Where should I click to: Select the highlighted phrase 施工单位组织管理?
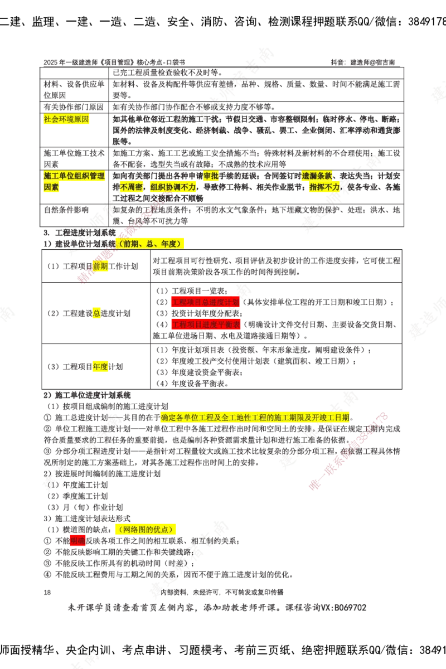coord(75,176)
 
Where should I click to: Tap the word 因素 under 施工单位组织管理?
coord(52,187)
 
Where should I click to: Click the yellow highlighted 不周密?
coord(131,187)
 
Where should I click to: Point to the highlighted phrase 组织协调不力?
coord(173,187)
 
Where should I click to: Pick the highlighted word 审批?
coord(211,176)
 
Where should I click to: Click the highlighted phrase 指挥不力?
coord(324,187)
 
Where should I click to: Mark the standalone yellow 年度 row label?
coord(100,366)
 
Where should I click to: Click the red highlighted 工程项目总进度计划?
coord(205,302)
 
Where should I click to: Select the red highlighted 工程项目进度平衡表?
coord(205,324)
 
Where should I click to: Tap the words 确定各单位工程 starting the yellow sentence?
coord(187,418)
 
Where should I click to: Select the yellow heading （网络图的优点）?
coord(146,529)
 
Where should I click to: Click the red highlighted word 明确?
coord(78,541)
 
